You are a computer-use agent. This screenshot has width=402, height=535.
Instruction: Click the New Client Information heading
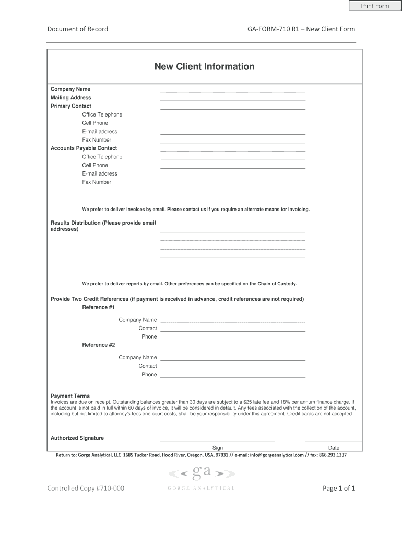pos(204,67)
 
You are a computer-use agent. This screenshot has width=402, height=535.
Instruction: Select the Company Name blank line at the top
pos(232,90)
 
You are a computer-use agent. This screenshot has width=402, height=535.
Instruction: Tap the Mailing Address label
pos(70,98)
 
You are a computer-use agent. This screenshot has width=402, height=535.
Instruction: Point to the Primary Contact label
pos(70,106)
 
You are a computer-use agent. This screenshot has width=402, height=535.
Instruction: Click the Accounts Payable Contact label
pos(84,148)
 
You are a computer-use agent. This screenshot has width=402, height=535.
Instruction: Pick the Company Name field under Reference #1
pos(232,320)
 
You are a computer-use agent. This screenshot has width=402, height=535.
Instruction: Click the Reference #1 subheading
pos(98,307)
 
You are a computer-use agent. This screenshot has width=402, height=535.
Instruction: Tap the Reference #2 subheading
pos(98,345)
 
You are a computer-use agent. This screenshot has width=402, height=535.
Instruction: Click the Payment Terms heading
pos(70,396)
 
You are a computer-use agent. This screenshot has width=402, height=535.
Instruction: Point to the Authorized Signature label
pos(77,438)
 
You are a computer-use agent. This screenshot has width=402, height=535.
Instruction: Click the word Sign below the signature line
pos(218,448)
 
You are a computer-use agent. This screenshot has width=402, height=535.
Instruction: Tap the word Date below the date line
pos(334,448)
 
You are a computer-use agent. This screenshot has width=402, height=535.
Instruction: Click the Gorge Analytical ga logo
pos(202,473)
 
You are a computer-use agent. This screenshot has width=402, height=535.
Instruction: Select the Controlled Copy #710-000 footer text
pos(86,489)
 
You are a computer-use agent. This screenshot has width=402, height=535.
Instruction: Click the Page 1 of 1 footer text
pos(339,489)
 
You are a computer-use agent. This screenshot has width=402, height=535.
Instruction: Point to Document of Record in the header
pos(78,29)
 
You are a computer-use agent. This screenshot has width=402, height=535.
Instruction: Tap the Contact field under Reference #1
pos(232,329)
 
